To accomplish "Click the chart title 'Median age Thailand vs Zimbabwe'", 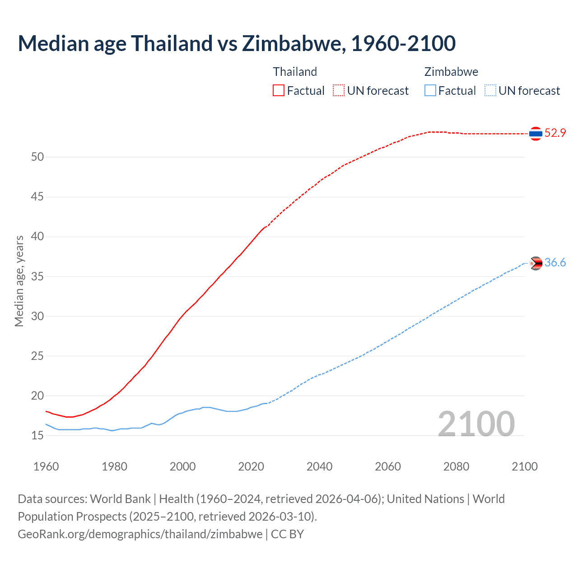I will click(237, 44).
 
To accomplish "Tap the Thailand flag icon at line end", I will click(536, 133).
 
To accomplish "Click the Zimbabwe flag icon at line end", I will click(536, 263).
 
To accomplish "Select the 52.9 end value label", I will click(555, 133).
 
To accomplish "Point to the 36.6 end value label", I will click(555, 263).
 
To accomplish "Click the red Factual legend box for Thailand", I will click(279, 91).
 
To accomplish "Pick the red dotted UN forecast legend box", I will click(339, 91).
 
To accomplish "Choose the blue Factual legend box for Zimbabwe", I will click(430, 91).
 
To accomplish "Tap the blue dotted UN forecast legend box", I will click(490, 91).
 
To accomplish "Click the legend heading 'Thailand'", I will click(295, 72).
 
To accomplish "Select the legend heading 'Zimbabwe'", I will click(451, 72).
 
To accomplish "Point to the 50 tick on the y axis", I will click(37, 157).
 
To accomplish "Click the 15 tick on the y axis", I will click(37, 436).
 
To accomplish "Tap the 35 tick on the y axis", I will click(37, 276).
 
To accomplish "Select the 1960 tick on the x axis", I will click(46, 466).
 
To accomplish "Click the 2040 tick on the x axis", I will click(319, 466).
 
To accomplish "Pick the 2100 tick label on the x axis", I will click(525, 466).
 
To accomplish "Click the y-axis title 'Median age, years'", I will click(19, 281).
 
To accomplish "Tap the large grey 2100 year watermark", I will click(476, 424).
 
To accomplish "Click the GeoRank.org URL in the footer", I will click(140, 534).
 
